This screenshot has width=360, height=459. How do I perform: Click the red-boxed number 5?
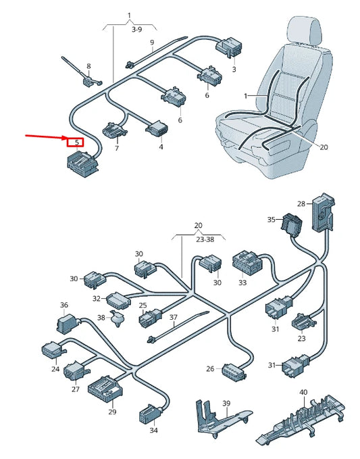(76, 143)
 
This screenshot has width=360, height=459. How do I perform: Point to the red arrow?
(47, 137)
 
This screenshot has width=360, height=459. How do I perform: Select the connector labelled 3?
(229, 47)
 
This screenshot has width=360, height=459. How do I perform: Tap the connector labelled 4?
(157, 129)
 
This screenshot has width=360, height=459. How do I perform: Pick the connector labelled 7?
(113, 130)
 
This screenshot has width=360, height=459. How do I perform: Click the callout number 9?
(152, 43)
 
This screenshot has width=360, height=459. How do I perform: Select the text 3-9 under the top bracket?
(136, 30)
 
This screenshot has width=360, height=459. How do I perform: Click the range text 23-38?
(205, 239)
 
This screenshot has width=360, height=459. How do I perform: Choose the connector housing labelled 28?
(324, 212)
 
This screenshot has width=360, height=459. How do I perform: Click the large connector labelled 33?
(247, 262)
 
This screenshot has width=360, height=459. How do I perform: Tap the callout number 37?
(174, 317)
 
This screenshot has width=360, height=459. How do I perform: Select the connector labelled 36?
(67, 324)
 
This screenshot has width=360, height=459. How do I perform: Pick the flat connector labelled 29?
(105, 389)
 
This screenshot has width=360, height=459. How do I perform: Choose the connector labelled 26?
(234, 370)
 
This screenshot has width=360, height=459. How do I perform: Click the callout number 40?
(303, 392)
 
